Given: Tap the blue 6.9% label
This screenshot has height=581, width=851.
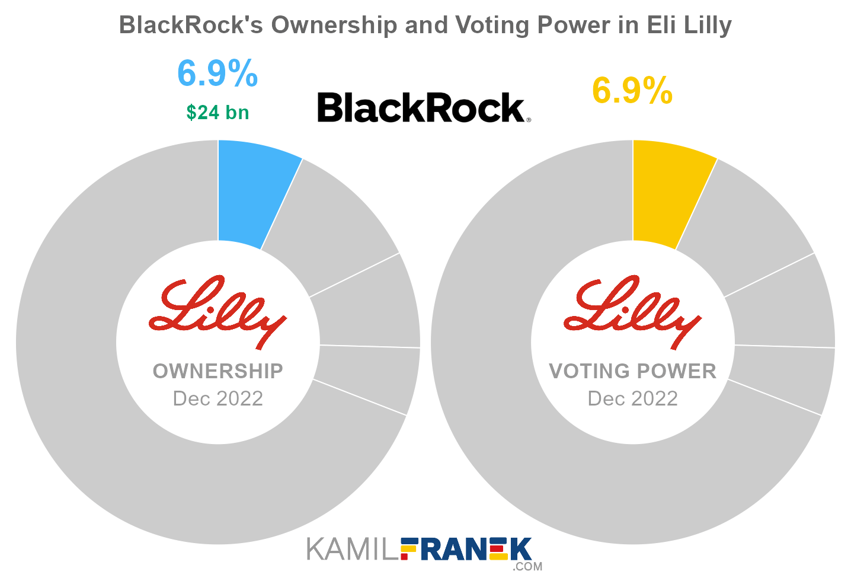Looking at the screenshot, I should pyautogui.click(x=217, y=74).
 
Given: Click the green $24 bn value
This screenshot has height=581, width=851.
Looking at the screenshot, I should pyautogui.click(x=217, y=112).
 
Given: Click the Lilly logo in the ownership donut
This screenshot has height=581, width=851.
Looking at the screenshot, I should pyautogui.click(x=217, y=311).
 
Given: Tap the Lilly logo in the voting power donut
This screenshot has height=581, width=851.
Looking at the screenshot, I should pyautogui.click(x=632, y=311).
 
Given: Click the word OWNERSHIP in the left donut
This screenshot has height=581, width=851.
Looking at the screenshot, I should pyautogui.click(x=217, y=371).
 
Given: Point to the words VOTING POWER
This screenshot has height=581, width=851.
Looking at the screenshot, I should pyautogui.click(x=632, y=371).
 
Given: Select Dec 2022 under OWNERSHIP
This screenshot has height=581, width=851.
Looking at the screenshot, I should pyautogui.click(x=217, y=398).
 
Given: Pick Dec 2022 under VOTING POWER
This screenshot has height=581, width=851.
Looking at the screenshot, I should pyautogui.click(x=632, y=398).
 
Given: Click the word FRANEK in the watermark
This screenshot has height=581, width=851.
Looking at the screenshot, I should pyautogui.click(x=466, y=550).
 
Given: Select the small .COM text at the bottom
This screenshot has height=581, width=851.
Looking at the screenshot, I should pyautogui.click(x=527, y=567).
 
